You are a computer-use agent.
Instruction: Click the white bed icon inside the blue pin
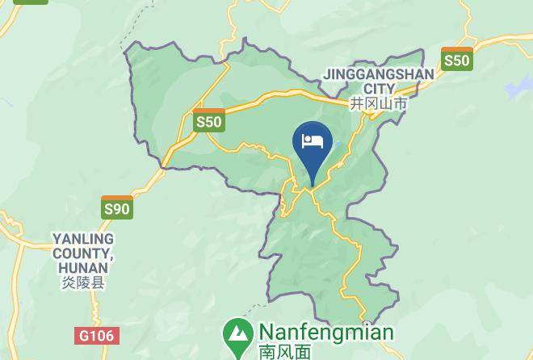coord(312,142)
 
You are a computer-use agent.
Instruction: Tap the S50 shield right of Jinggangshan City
coord(456,59)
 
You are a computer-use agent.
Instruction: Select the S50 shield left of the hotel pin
coord(208,121)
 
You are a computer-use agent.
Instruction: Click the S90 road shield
coord(116,208)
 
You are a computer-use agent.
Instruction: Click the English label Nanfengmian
coord(325,333)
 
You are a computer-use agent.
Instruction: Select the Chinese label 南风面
coord(284,352)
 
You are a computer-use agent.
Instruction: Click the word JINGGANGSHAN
coord(379,74)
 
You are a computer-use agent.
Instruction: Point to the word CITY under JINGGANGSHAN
coord(379,88)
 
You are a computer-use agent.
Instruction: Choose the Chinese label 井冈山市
coord(378,103)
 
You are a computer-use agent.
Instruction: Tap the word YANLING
coord(83,239)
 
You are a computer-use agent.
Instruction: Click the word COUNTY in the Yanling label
coord(79,253)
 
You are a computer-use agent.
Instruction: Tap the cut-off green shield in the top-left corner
coord(31,2)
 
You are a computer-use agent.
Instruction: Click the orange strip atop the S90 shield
coord(116,199)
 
